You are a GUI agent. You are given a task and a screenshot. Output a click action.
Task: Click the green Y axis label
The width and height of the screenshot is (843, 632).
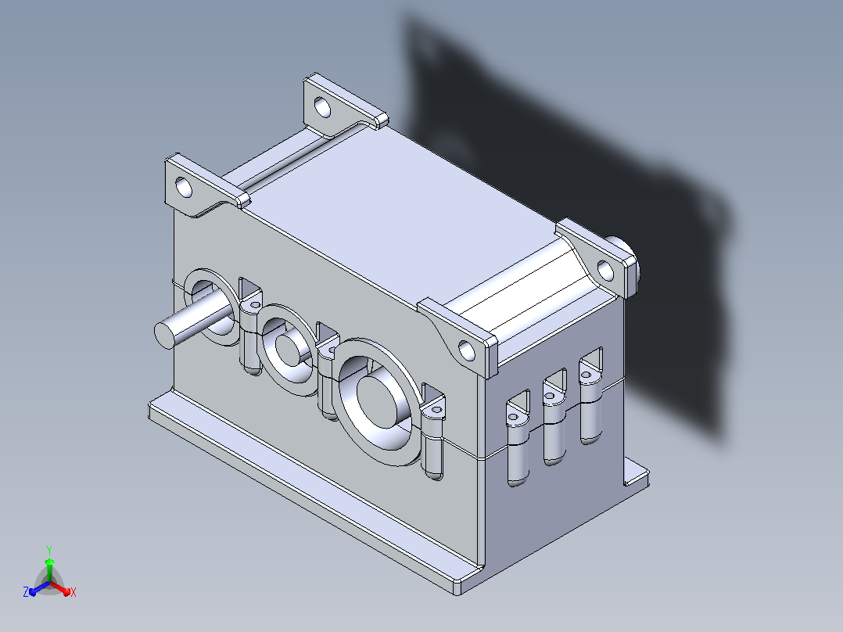[49, 550]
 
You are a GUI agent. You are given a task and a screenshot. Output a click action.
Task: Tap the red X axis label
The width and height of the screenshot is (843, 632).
[74, 592]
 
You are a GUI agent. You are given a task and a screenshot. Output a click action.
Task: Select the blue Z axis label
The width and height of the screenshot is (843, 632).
[26, 591]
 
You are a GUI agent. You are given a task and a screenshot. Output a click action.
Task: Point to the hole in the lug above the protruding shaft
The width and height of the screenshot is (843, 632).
[184, 188]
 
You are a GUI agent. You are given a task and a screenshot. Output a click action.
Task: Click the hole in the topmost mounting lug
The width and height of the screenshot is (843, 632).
[322, 107]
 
